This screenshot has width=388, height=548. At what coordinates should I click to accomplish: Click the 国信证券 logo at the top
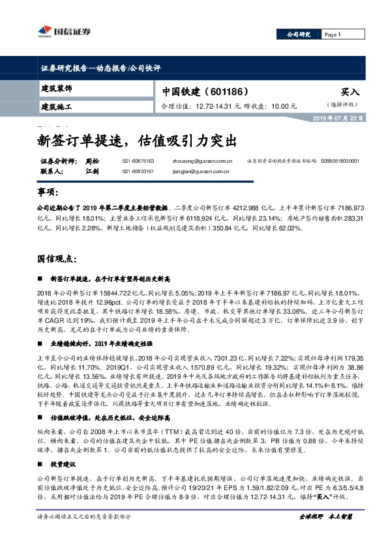tap(63, 31)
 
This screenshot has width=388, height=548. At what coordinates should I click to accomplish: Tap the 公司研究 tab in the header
tap(299, 34)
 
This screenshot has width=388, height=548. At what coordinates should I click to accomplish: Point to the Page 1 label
tap(332, 34)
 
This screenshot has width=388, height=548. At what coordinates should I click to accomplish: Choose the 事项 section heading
tap(47, 194)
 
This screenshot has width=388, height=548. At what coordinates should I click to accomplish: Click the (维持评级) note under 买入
tap(343, 105)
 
